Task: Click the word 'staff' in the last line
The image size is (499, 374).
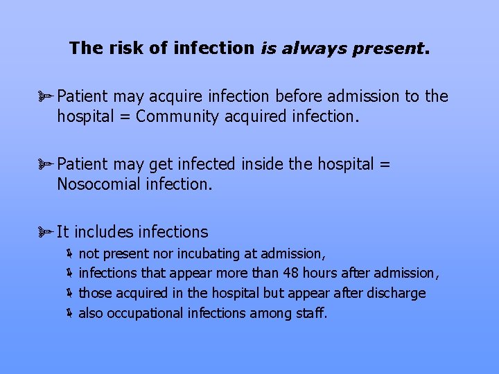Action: click(x=310, y=313)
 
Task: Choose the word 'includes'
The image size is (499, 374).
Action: click(x=106, y=232)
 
